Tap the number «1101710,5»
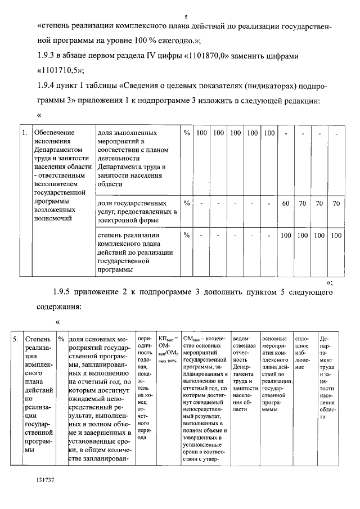click(60, 72)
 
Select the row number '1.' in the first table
click(24, 133)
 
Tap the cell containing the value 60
click(286, 203)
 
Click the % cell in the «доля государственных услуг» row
click(187, 203)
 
